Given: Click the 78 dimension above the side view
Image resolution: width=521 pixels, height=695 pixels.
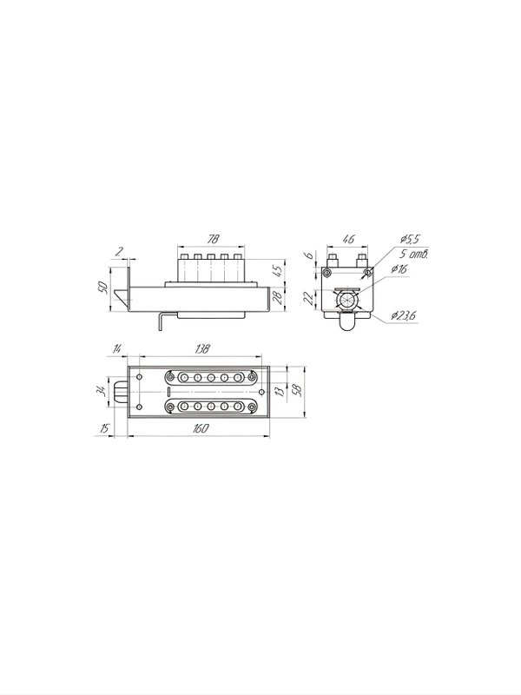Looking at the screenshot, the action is pos(213,239).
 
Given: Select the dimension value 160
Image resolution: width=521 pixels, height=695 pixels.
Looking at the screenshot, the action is pos(201,428).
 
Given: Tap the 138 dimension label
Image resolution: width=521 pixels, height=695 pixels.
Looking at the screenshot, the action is pos(201,349).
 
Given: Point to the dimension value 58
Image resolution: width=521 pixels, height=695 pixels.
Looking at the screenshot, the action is pos(298,388).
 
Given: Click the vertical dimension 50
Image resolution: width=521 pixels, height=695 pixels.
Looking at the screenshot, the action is pos(102,288).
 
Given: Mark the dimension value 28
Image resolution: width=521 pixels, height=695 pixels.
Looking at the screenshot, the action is pos(277,298).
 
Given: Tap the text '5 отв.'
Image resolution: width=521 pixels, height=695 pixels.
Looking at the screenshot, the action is pos(415,254).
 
